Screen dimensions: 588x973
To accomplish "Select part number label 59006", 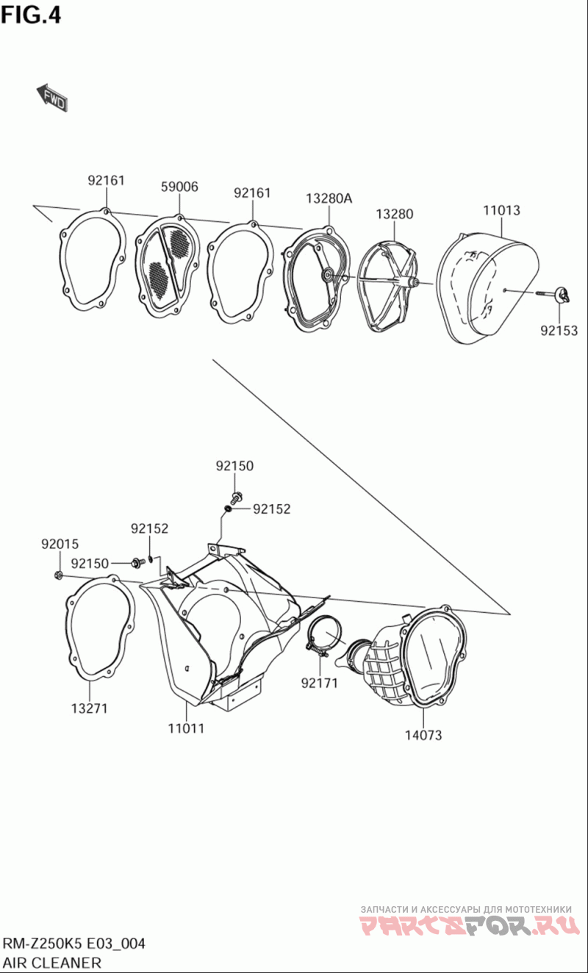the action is [x=179, y=187].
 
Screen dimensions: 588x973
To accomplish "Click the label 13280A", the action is [x=329, y=198].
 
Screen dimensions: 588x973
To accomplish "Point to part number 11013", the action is [x=501, y=210].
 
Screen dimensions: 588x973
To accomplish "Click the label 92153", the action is [x=559, y=331].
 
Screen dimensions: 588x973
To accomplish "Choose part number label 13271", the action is [x=89, y=708].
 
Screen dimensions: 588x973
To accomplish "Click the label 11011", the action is [x=186, y=728].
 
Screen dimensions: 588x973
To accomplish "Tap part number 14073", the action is [x=423, y=736].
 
